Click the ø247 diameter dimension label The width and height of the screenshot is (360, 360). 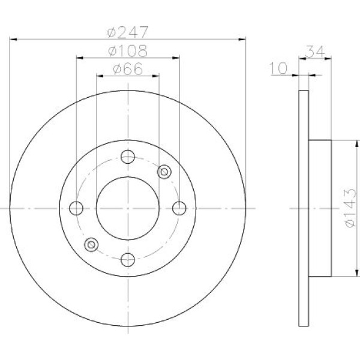[128, 32]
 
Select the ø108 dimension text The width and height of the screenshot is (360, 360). [128, 51]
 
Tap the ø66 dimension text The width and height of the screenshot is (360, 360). [128, 68]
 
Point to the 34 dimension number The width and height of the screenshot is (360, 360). [316, 52]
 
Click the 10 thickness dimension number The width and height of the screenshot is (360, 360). [279, 68]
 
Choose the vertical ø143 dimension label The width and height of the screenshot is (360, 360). [350, 208]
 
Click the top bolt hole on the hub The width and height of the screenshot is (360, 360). [128, 157]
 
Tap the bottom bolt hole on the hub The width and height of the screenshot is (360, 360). [128, 260]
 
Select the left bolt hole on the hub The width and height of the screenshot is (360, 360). [76, 208]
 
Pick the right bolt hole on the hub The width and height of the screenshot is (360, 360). [179, 208]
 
